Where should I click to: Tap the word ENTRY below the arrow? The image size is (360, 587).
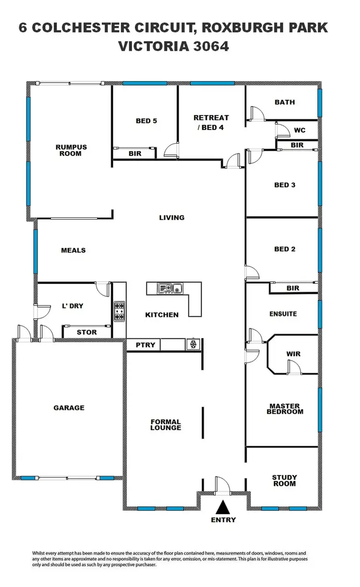click(x=223, y=520)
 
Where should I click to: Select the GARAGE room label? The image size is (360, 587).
click(x=69, y=407)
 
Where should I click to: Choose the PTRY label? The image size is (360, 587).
click(x=144, y=345)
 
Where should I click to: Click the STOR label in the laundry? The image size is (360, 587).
click(x=87, y=332)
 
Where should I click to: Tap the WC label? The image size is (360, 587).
click(x=300, y=130)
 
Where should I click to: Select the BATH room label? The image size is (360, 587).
click(x=285, y=102)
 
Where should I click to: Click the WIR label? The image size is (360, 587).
click(x=293, y=354)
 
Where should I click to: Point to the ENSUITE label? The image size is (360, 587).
click(x=283, y=314)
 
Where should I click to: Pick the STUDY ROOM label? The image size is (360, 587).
click(x=284, y=480)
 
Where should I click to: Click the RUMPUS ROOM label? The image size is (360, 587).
click(x=71, y=150)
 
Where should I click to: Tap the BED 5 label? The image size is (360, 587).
click(x=146, y=121)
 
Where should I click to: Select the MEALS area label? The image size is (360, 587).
click(x=73, y=250)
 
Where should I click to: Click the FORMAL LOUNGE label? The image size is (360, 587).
click(x=166, y=425)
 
